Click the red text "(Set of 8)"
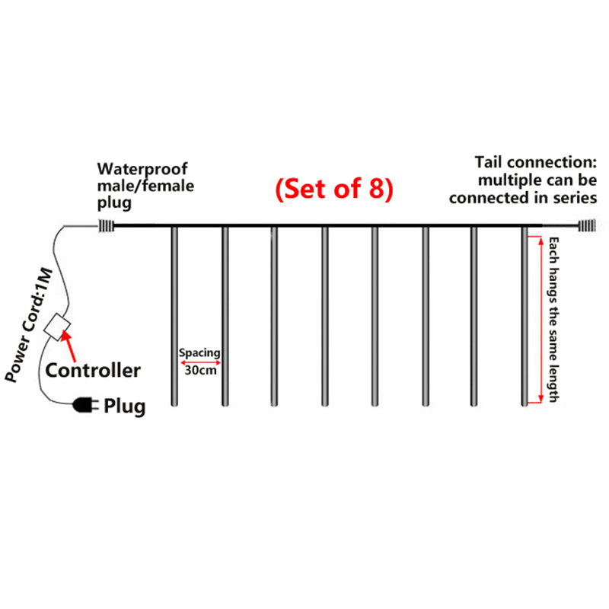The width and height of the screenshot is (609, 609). pyautogui.click(x=333, y=189)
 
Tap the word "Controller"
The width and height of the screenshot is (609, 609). pyautogui.click(x=93, y=371)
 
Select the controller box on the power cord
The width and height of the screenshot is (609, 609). pyautogui.click(x=56, y=327)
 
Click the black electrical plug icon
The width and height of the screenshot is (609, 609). pyautogui.click(x=83, y=407)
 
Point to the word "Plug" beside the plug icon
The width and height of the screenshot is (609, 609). pyautogui.click(x=124, y=407)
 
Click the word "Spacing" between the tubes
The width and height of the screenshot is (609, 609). pyautogui.click(x=199, y=352)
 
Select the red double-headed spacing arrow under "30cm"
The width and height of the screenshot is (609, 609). pyautogui.click(x=199, y=362)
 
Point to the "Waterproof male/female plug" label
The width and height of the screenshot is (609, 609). pyautogui.click(x=145, y=186)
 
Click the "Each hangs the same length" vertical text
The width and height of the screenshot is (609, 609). pyautogui.click(x=554, y=320)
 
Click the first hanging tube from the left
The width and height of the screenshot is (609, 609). pyautogui.click(x=174, y=316)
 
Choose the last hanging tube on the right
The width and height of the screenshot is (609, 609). pyautogui.click(x=525, y=316)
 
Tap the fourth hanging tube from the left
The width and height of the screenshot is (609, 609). pyautogui.click(x=325, y=316)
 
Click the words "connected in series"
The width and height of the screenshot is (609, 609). pyautogui.click(x=522, y=198)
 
